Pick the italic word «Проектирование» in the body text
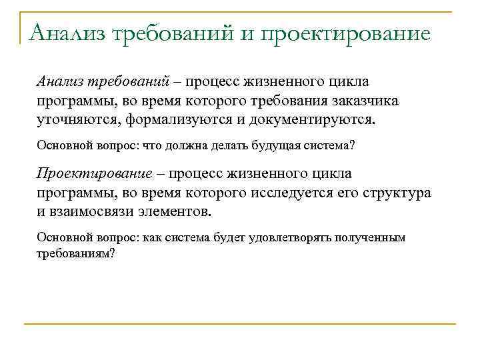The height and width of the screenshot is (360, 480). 93,173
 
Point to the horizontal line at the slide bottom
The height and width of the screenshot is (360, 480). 240,325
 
